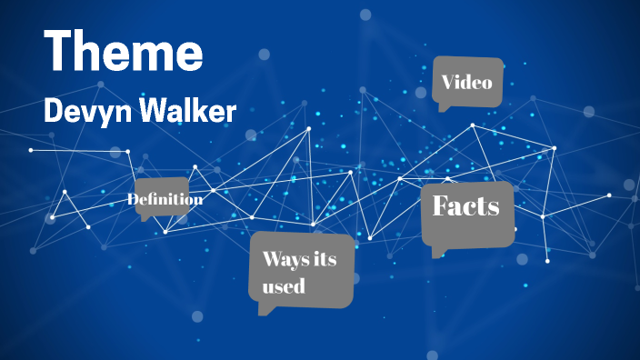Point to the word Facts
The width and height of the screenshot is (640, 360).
465,206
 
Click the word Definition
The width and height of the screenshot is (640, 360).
165,199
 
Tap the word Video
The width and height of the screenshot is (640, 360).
466,83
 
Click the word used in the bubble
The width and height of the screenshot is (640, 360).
283,287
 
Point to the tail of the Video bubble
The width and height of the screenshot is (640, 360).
443,108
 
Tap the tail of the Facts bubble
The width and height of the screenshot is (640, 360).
437,253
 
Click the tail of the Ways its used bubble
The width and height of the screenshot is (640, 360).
265,311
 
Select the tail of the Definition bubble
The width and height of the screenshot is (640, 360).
144,218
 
